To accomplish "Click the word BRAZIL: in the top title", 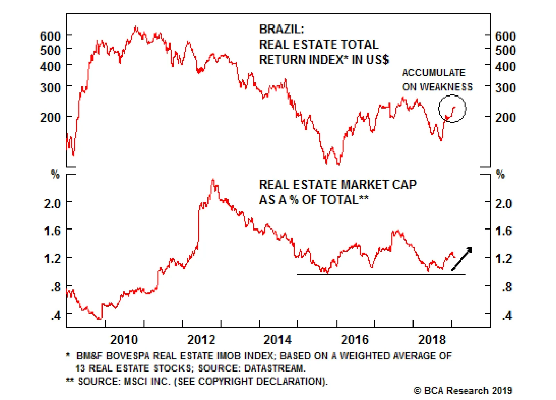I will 281,29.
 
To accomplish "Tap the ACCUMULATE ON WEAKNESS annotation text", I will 437,80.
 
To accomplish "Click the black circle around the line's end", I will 452,108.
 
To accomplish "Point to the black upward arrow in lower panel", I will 461,259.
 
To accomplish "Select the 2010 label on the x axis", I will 124,340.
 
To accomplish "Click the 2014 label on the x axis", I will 277,340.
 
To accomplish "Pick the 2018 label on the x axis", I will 432,340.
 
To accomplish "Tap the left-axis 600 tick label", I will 50,36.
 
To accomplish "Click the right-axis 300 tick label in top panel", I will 505,87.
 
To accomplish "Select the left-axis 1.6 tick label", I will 52,231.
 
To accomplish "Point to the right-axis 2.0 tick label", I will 503,203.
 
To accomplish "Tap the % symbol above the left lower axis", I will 55,174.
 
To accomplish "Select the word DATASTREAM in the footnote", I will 274,368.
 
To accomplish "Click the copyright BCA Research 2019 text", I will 463,391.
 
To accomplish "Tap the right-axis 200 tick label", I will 505,117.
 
